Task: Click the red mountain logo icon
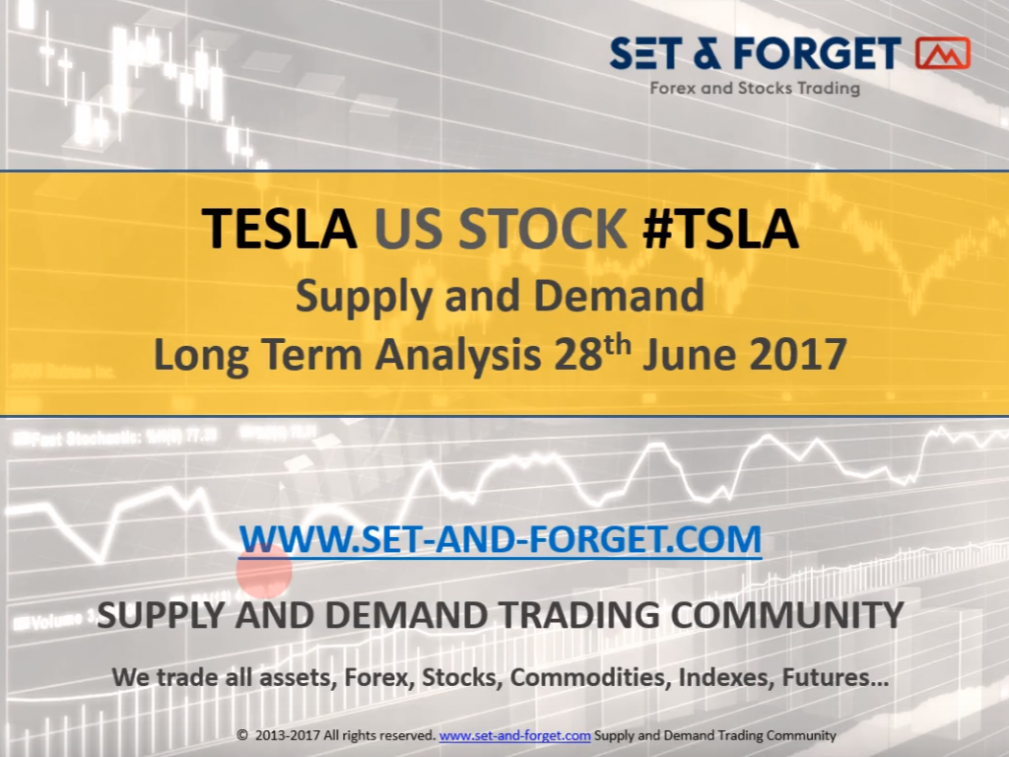pyautogui.click(x=942, y=53)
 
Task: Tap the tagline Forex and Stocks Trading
pyautogui.click(x=755, y=88)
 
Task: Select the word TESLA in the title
pyautogui.click(x=279, y=229)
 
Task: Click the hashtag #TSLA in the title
pyautogui.click(x=720, y=229)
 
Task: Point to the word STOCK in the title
pyautogui.click(x=542, y=229)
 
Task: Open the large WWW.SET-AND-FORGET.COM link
pyautogui.click(x=500, y=539)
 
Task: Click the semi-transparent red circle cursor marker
pyautogui.click(x=264, y=571)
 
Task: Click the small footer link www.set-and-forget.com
pyautogui.click(x=514, y=735)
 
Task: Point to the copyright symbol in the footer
pyautogui.click(x=242, y=735)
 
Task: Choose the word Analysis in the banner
pyautogui.click(x=457, y=356)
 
